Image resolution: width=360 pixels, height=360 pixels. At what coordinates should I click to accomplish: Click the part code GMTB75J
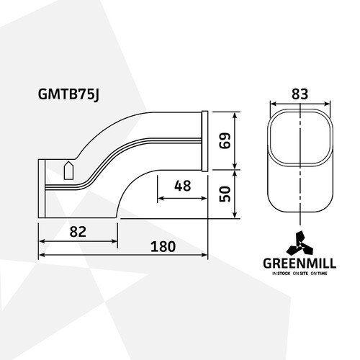click(x=68, y=94)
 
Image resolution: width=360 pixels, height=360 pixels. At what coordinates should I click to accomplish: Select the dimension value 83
click(x=300, y=94)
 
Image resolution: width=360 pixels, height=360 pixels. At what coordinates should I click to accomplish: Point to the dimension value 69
click(x=225, y=140)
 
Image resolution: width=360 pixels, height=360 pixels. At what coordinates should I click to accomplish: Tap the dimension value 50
click(x=225, y=194)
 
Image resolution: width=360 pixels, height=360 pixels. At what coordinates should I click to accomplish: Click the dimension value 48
click(x=183, y=186)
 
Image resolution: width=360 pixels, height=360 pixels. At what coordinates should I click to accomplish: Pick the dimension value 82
click(x=78, y=232)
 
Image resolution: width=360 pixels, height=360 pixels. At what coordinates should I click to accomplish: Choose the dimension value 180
click(x=163, y=247)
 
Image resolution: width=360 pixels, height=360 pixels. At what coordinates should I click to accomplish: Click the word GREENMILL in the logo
click(x=300, y=264)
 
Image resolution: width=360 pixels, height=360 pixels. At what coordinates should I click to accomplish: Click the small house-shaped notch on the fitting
click(x=68, y=170)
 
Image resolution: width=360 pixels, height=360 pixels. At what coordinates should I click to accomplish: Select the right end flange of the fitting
click(x=204, y=141)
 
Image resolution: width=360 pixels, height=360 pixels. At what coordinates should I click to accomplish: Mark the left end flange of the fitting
click(x=42, y=189)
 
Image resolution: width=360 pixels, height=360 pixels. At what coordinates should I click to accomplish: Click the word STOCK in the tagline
click(x=284, y=274)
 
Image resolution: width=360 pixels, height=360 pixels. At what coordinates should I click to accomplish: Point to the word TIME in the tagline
click(x=323, y=274)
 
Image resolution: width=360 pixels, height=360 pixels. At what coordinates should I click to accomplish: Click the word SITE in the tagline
click(x=304, y=274)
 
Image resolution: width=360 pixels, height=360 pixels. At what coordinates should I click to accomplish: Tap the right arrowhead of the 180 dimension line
click(x=204, y=255)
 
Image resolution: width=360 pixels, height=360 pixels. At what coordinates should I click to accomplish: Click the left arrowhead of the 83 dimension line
click(x=274, y=104)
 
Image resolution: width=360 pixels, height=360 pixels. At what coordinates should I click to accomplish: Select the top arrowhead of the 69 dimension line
click(x=235, y=115)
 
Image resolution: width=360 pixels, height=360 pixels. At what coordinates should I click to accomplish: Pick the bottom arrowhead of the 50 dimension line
click(x=235, y=215)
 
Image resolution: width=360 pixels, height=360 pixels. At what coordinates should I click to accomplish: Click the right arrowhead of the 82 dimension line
click(x=114, y=241)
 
